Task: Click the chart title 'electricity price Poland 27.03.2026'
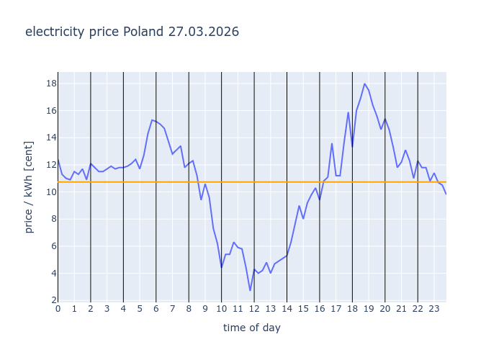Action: coord(132,32)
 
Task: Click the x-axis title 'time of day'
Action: coord(252,328)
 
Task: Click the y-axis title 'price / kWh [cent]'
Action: coord(30,186)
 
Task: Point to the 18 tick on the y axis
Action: coord(51,84)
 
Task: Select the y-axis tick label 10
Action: coord(51,192)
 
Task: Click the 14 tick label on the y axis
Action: coord(51,138)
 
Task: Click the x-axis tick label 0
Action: coord(58,309)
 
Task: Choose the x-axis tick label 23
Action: coord(434,309)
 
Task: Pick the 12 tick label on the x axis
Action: coord(254,309)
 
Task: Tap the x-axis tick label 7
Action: coord(173,309)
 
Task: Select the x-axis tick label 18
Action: coord(352,309)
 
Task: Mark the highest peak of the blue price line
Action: coord(365,84)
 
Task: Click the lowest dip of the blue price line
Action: coord(251,290)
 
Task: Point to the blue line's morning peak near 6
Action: coord(152,120)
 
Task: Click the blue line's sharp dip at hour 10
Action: coord(222,268)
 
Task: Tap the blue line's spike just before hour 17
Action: coord(332,143)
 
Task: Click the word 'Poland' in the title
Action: coord(144,32)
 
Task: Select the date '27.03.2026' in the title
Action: coord(204,32)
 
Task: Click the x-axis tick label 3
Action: coord(107,309)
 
